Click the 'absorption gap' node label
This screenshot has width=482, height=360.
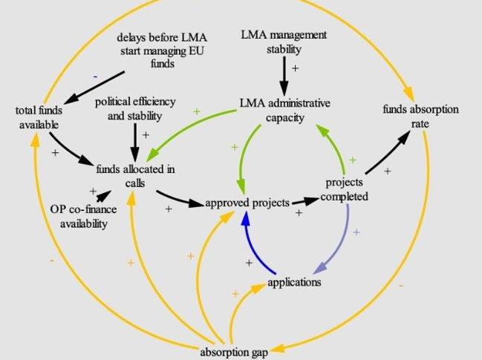235,352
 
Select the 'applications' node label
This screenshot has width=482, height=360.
294,282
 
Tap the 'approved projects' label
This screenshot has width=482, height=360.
247,203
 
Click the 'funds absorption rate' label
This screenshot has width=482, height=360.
420,116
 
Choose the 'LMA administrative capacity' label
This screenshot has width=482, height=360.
284,110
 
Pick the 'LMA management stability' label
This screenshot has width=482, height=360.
284,42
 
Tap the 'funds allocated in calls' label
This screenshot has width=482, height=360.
135,176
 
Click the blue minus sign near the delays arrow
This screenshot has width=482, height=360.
95,77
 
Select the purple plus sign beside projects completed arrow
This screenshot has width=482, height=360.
356,232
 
